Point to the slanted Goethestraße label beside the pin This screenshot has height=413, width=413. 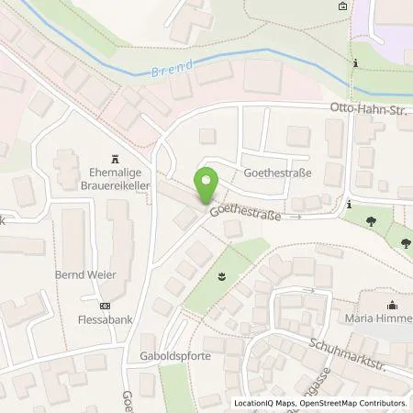244,213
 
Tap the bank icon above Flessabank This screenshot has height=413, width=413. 104,307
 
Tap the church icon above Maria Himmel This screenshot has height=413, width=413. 392,306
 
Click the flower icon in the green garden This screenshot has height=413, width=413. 220,275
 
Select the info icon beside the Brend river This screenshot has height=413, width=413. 355,64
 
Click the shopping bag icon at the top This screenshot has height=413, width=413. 342,6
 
